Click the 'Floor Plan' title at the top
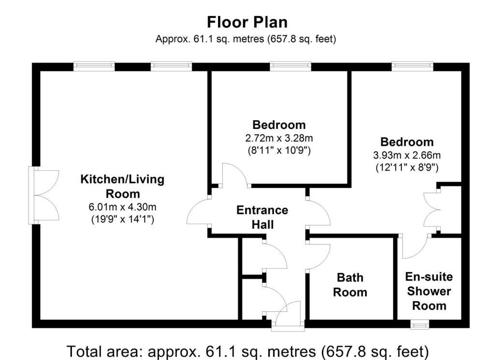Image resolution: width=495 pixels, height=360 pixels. (247, 22)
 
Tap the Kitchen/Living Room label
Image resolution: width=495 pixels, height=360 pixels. (122, 186)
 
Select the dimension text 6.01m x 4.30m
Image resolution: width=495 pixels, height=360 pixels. (122, 207)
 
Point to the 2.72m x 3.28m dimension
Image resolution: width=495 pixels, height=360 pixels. (279, 138)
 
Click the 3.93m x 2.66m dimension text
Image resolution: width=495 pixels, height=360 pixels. (407, 155)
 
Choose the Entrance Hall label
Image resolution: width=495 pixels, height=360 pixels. (262, 217)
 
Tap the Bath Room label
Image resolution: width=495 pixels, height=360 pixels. (350, 285)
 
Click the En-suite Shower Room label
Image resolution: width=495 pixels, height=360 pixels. (429, 291)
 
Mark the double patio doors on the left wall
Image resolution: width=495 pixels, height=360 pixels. (44, 196)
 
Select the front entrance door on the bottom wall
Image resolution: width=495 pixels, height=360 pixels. (287, 317)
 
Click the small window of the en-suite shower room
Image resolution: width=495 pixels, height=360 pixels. (420, 324)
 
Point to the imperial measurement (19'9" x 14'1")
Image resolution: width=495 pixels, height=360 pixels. (122, 219)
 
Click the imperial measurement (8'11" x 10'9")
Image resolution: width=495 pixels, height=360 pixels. (279, 150)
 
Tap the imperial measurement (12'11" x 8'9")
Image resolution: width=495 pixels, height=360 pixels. (407, 167)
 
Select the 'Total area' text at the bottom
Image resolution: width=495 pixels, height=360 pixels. (247, 351)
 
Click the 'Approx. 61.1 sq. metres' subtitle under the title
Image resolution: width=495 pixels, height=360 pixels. (246, 39)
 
